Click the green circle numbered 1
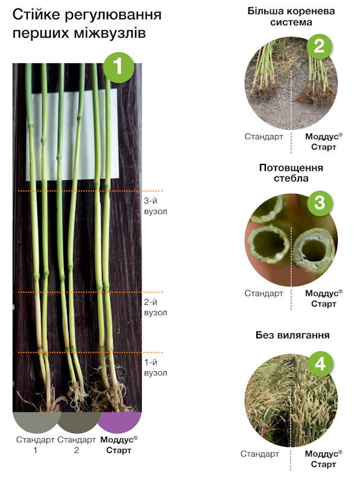point(119,67)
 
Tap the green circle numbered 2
point(320,46)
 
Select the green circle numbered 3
point(320,203)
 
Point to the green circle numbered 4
point(320,364)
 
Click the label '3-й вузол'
point(156,206)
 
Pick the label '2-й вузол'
point(156,307)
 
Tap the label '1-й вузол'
point(156,368)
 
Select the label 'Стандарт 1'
point(36,445)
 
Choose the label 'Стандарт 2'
point(77,445)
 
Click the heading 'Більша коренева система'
point(291,17)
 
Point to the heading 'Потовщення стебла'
point(291,173)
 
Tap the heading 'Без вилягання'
point(292,335)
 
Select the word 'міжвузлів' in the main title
point(110,33)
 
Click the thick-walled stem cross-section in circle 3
point(314,249)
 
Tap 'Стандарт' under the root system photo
point(264,137)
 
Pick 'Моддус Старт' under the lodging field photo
point(323,459)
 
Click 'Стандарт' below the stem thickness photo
point(264,293)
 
